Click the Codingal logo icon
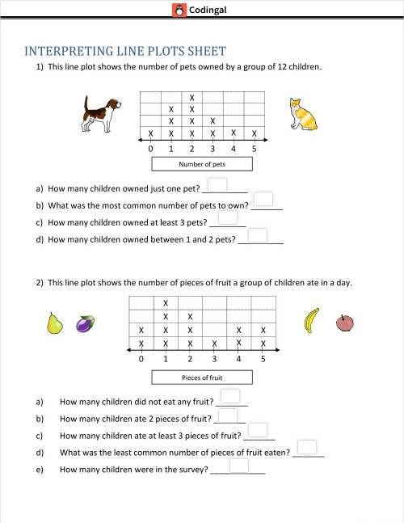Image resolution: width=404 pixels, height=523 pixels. coord(179,10)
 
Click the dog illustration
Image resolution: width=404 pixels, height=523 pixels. coord(101,112)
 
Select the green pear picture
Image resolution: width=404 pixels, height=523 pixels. coord(55,323)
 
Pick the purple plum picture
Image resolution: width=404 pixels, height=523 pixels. coord(83,324)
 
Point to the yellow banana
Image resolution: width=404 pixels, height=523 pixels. coord(311,321)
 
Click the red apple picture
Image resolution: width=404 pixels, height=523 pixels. coord(344,323)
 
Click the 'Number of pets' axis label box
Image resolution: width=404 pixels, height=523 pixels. coord(202,164)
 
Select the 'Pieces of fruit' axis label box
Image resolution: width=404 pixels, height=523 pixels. coord(202,377)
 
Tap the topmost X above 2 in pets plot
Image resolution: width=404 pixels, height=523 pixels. coord(191,98)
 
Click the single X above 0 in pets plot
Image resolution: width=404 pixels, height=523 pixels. coord(150,133)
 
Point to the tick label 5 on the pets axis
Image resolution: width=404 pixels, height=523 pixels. coord(255,149)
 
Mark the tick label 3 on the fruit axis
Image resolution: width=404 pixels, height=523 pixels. coord(214,359)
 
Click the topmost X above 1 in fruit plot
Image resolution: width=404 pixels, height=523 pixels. coord(166,303)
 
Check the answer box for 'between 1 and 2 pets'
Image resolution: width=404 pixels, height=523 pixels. coord(258,235)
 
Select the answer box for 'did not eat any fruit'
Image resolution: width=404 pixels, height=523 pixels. coord(230,396)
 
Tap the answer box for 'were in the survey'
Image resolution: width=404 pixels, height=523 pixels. coord(238,465)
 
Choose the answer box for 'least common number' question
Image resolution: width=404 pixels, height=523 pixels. coord(306,447)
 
